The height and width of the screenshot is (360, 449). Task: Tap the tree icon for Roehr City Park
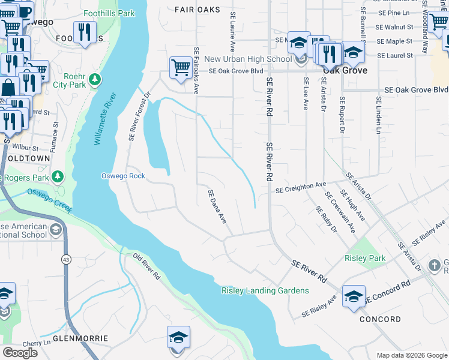94,79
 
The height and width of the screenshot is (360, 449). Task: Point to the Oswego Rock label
122,176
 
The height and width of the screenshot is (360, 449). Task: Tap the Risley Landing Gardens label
265,291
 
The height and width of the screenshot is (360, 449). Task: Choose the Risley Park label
365,258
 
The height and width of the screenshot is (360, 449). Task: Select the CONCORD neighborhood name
380,319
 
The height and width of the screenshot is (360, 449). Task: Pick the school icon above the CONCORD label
354,295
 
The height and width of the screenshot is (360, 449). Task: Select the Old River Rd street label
147,267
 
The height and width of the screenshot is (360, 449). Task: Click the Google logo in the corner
20,353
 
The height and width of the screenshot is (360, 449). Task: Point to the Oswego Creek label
49,200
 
